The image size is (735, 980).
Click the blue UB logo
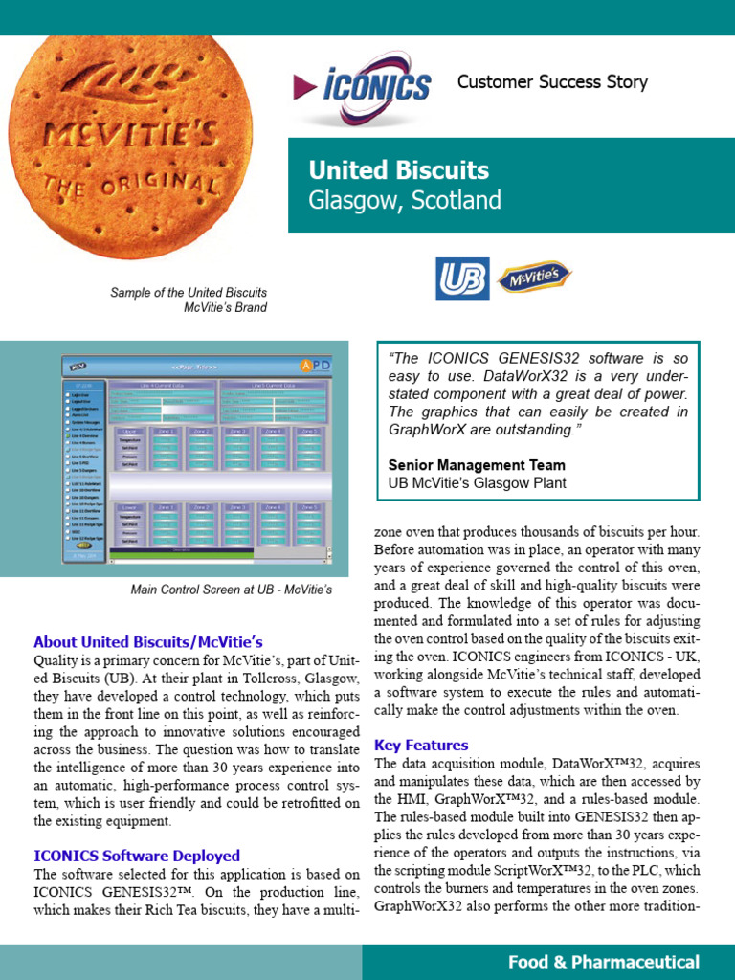tap(462, 278)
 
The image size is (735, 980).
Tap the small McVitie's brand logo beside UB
tap(533, 278)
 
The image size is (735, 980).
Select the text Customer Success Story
tap(552, 82)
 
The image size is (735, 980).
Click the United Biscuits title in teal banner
tap(398, 171)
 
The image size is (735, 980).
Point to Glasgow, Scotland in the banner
tap(404, 201)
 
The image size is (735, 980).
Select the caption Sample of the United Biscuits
tap(189, 293)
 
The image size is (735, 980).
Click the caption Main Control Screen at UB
tap(231, 590)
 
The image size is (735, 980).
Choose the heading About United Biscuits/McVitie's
tap(147, 642)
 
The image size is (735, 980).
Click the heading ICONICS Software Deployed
tap(137, 856)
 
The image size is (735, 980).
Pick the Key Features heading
tap(421, 745)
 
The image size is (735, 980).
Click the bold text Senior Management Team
tap(477, 465)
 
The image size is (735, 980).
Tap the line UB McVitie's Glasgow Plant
tap(477, 483)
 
